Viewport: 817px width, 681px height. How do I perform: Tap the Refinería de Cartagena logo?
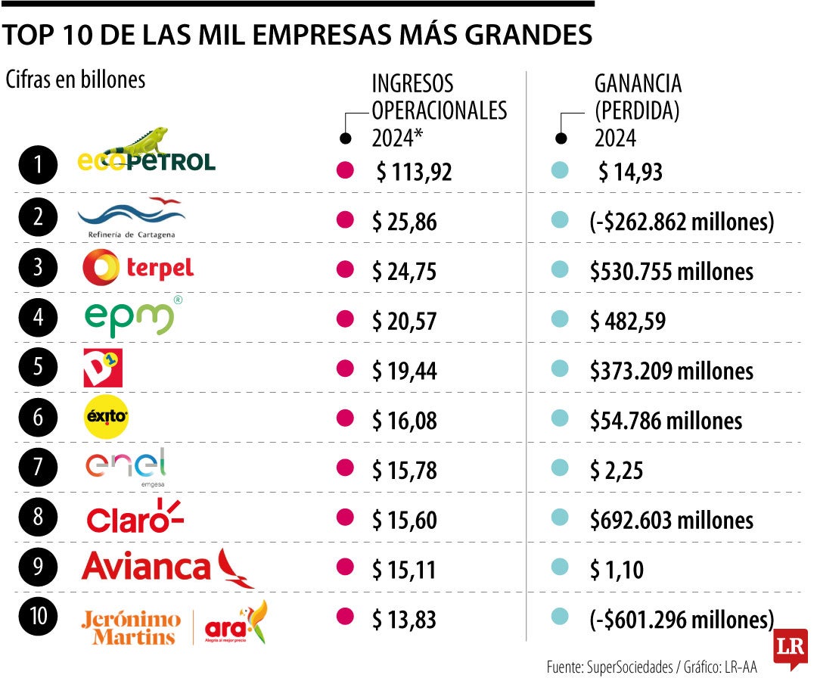[131, 218]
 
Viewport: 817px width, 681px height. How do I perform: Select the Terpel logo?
[138, 268]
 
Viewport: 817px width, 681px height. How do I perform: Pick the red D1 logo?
[102, 368]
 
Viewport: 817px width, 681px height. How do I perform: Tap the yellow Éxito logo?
[106, 418]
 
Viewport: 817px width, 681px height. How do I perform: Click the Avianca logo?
[168, 567]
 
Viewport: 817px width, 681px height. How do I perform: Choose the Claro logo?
[135, 518]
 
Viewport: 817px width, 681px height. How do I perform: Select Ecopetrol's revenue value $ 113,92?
[414, 173]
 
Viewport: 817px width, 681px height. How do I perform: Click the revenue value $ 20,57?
[404, 322]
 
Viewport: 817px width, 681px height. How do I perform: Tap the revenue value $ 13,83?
[404, 620]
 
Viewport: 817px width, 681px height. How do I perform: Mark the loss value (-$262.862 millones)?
[682, 222]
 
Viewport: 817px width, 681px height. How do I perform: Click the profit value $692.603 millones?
[672, 521]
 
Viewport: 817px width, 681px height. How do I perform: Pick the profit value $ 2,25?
[617, 471]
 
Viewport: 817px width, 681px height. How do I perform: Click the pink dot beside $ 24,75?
[345, 269]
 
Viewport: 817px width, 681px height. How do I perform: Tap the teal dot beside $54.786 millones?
[560, 418]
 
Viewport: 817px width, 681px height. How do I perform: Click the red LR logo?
[790, 648]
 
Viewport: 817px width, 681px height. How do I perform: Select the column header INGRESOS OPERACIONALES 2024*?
[439, 110]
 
